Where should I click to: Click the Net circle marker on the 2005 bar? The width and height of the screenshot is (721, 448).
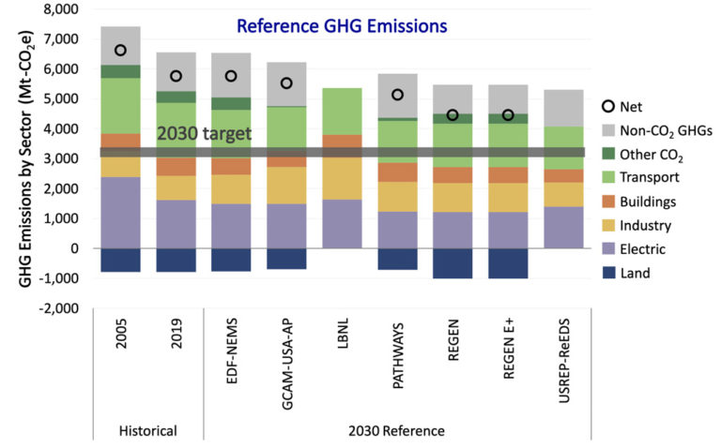(x=120, y=51)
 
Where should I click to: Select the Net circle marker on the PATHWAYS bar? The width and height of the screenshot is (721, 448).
(x=397, y=95)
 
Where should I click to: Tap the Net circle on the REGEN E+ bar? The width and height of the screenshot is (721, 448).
(x=507, y=115)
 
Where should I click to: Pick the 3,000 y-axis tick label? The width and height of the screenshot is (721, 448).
(x=58, y=158)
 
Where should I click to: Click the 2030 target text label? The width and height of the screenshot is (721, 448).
(x=204, y=134)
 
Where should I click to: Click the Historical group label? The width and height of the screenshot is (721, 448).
(x=147, y=431)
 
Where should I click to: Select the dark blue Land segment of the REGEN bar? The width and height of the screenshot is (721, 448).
(x=452, y=263)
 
